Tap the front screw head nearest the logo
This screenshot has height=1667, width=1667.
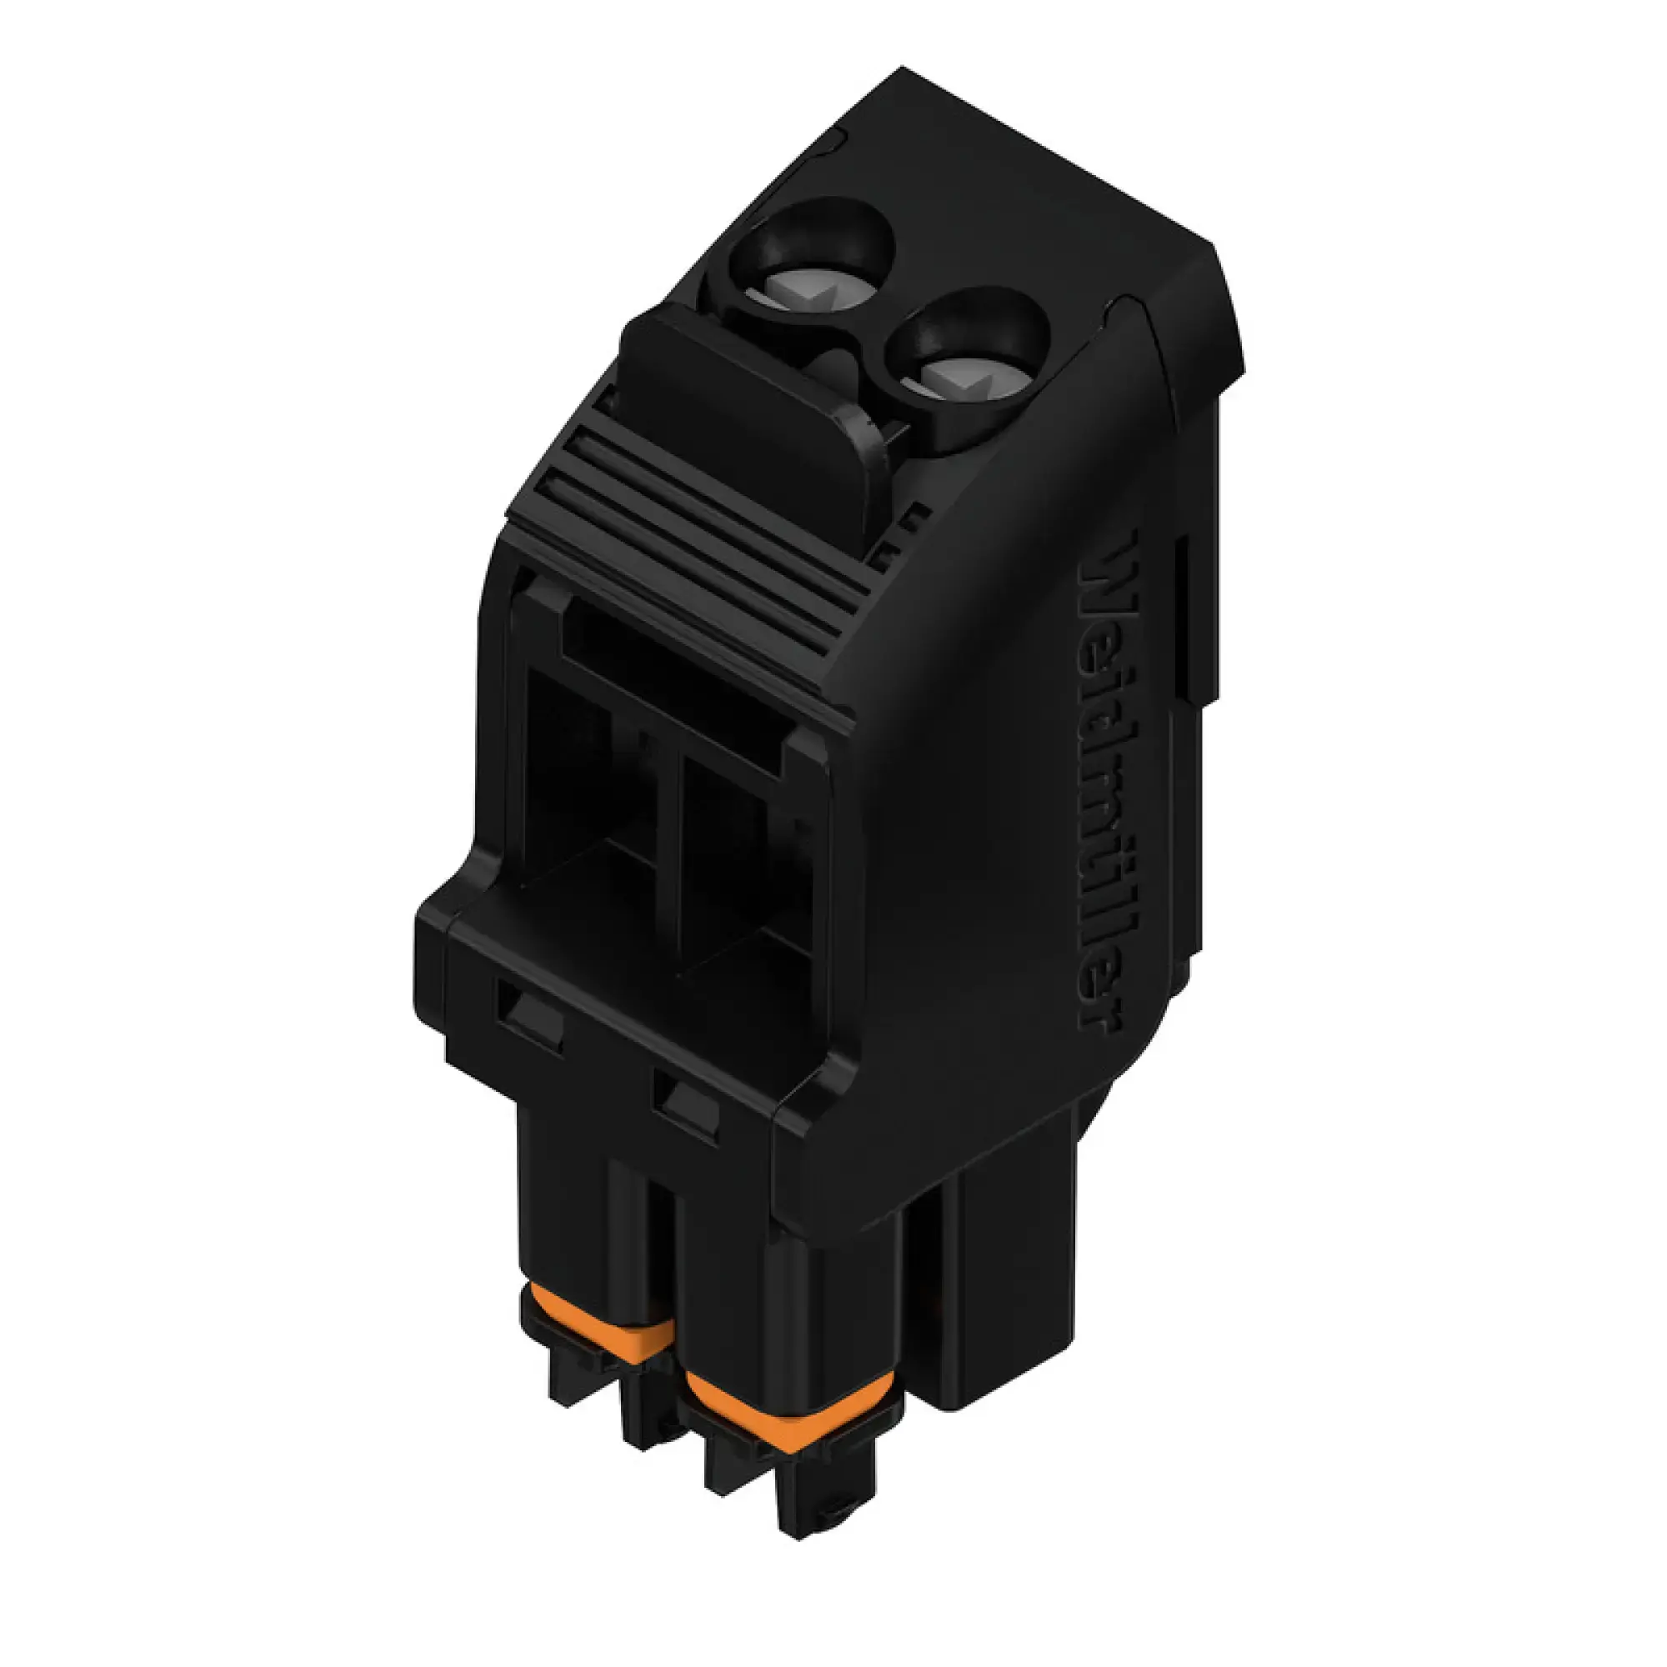pyautogui.click(x=966, y=379)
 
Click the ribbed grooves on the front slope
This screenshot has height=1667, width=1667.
pyautogui.click(x=690, y=553)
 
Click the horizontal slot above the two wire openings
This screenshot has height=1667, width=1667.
pyautogui.click(x=673, y=673)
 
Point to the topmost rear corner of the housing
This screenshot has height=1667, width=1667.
pyautogui.click(x=902, y=69)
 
